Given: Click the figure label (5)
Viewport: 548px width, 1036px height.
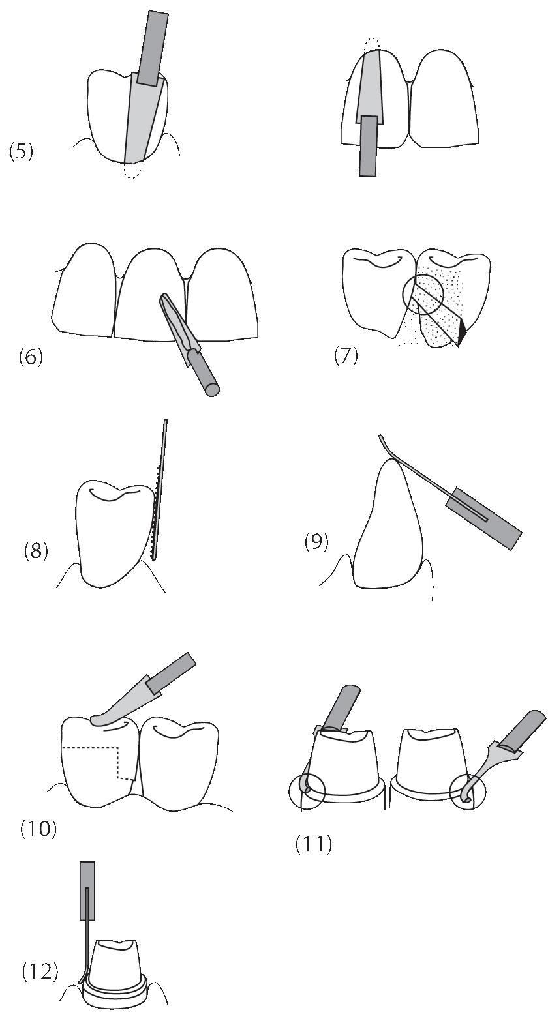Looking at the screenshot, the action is click(21, 153).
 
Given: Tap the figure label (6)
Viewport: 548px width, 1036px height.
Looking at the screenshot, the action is click(30, 357).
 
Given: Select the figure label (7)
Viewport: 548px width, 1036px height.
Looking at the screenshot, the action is click(346, 357).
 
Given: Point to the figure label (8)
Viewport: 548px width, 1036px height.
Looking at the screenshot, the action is click(35, 551).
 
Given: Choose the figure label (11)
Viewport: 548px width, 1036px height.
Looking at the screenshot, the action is click(313, 845).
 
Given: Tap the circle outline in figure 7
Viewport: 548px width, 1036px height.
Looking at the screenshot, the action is click(423, 295).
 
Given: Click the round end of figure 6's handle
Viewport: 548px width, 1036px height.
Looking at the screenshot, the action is click(211, 391).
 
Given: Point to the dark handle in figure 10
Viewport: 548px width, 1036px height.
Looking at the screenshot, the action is click(171, 672).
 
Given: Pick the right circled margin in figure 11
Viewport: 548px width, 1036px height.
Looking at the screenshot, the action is click(468, 792).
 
